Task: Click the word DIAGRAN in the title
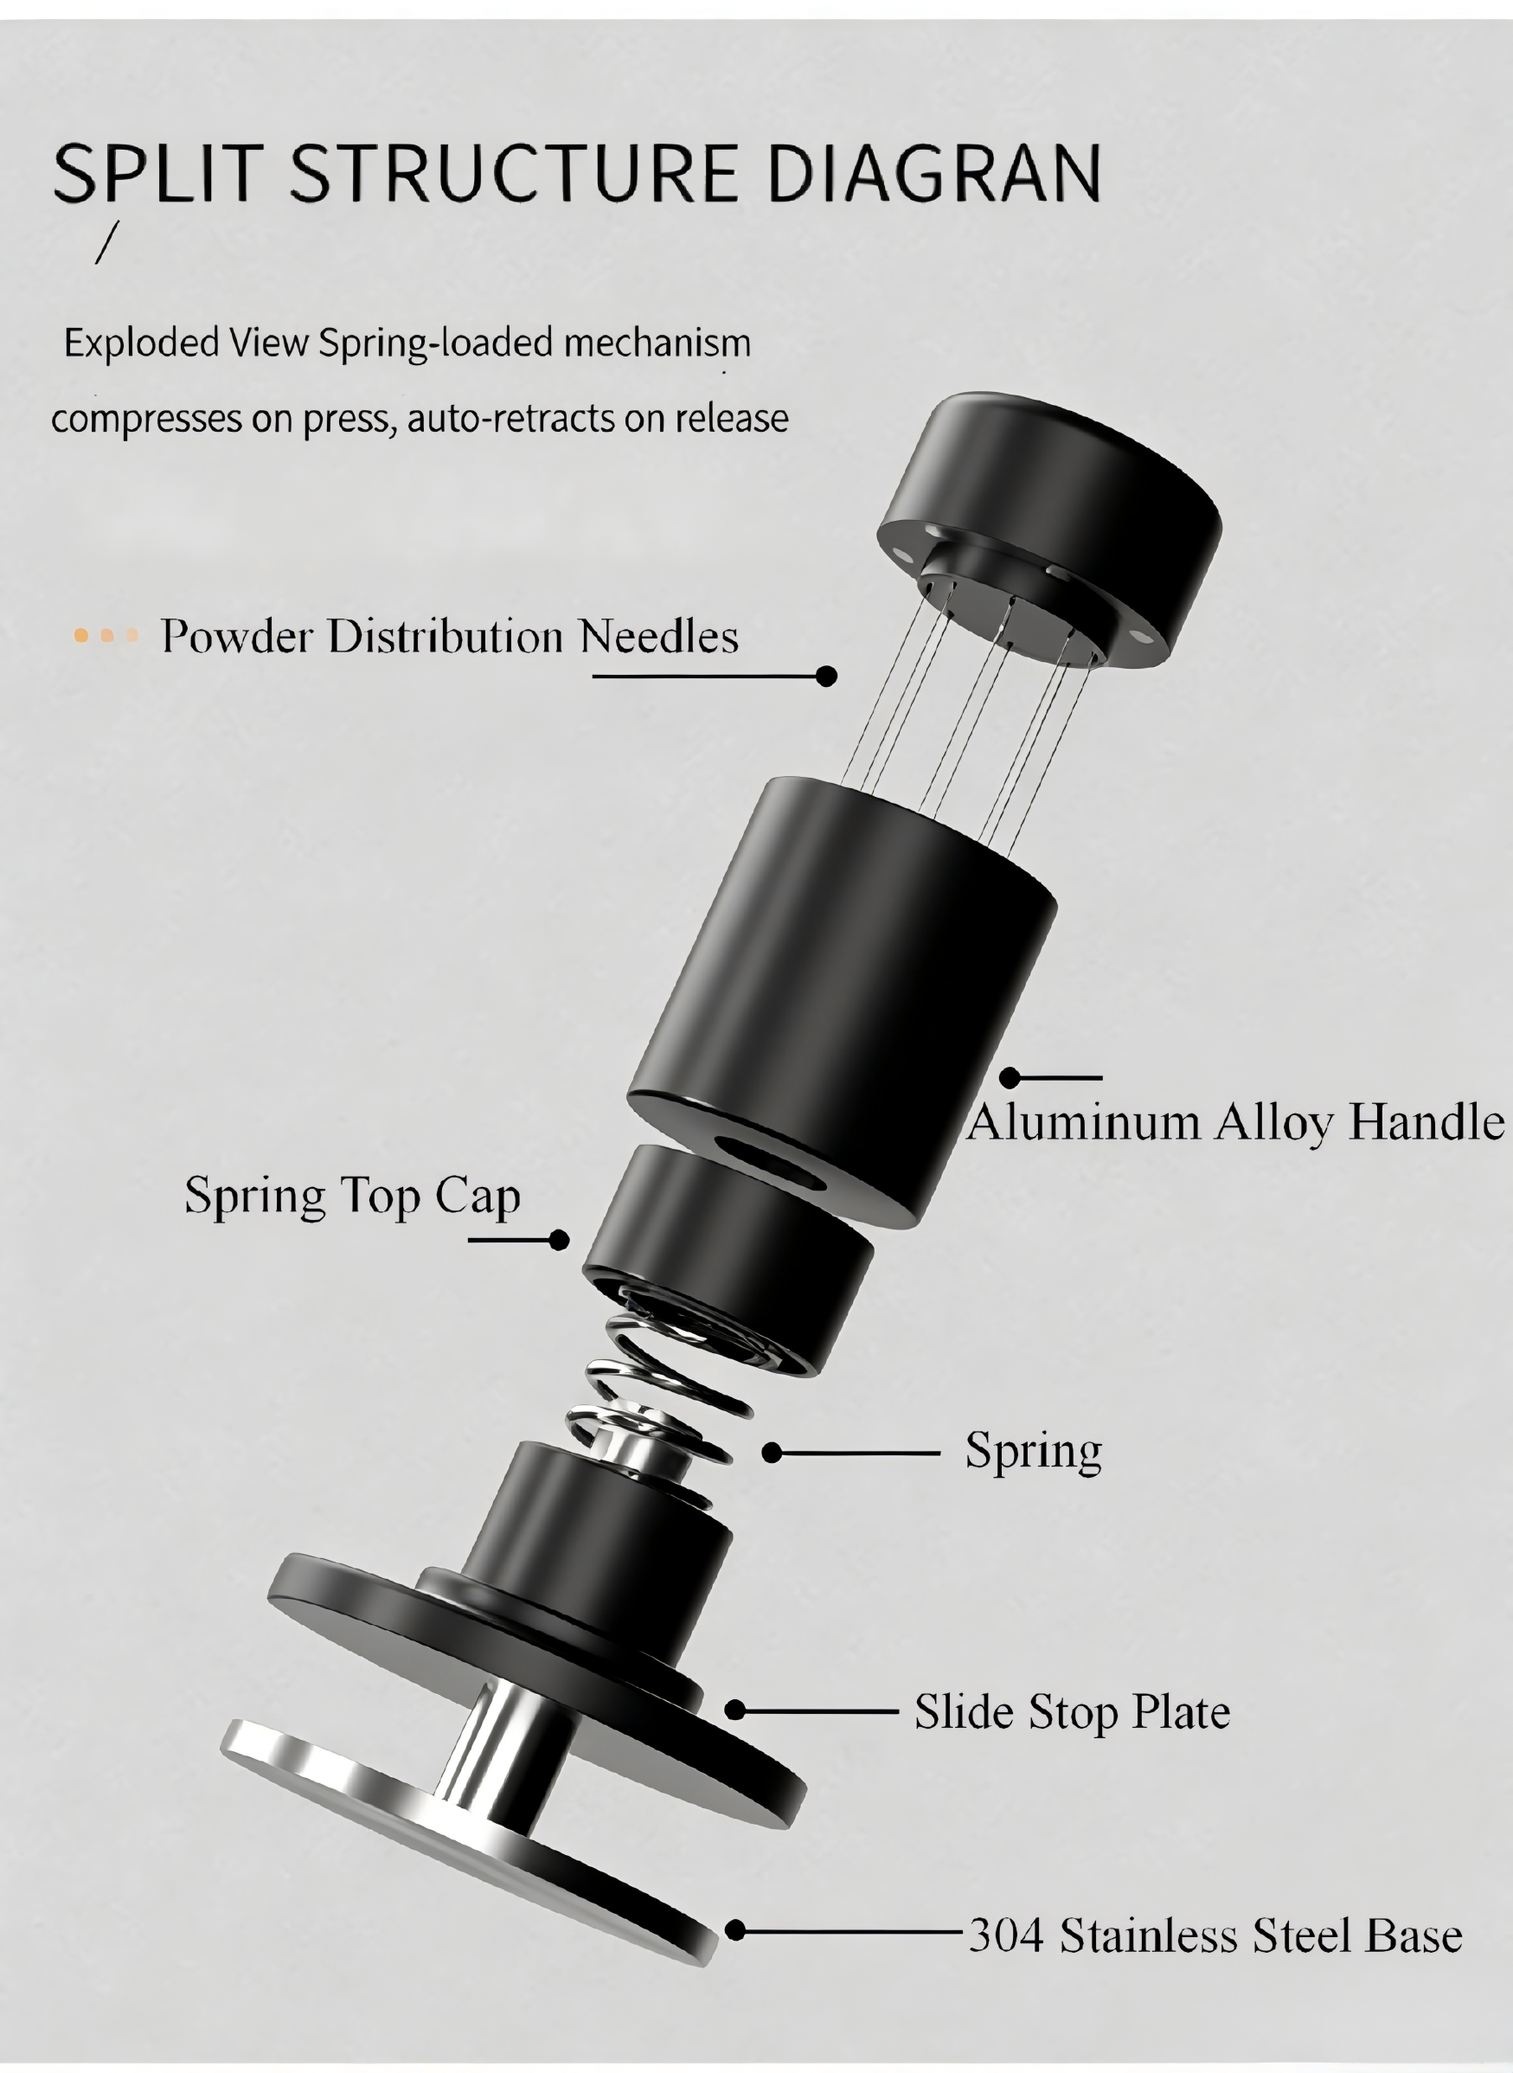click(933, 173)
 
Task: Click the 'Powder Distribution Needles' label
click(449, 636)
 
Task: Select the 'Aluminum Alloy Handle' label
click(1235, 1123)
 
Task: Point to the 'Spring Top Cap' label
click(353, 1197)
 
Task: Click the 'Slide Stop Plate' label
click(1072, 1711)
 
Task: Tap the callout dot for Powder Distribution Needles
click(826, 676)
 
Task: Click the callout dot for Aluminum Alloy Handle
click(1010, 1078)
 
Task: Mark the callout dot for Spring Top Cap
click(559, 1241)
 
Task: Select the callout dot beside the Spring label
click(772, 1453)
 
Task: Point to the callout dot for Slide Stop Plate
click(734, 1710)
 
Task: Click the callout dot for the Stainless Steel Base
click(734, 1931)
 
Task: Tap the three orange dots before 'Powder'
click(106, 635)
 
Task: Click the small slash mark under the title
click(107, 243)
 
